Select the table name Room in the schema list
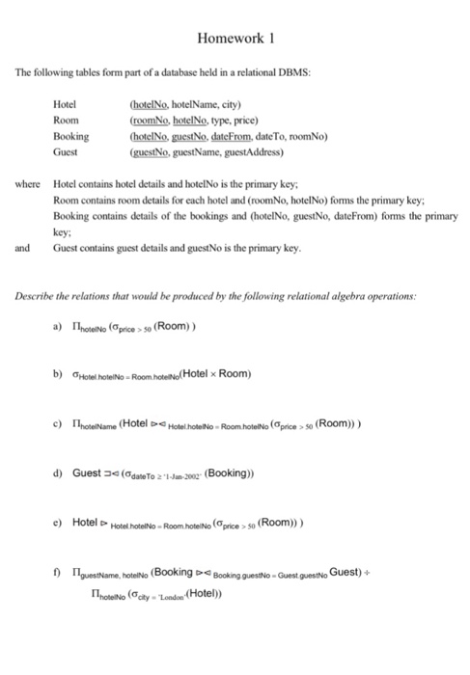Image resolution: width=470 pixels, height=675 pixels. pos(65,121)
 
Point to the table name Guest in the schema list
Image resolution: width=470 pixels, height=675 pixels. pos(66,151)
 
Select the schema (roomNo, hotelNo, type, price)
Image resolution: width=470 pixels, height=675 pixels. pos(197,121)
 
